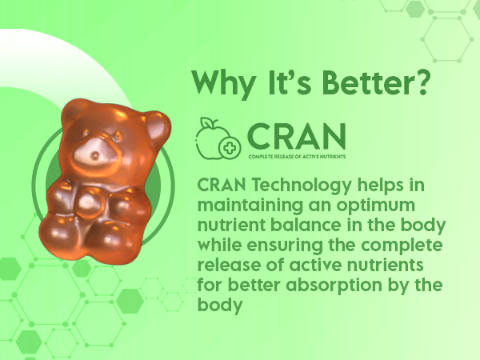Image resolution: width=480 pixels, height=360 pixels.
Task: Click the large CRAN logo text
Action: coord(296,136)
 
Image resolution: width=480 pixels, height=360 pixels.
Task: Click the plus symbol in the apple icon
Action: coord(229,147)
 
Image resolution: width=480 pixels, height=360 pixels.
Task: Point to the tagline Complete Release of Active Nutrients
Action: coord(297,157)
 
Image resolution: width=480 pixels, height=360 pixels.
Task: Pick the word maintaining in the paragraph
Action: coord(250,206)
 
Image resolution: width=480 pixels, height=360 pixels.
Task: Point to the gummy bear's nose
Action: coord(95,156)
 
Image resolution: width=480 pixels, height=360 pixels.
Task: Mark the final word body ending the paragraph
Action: coord(220,306)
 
